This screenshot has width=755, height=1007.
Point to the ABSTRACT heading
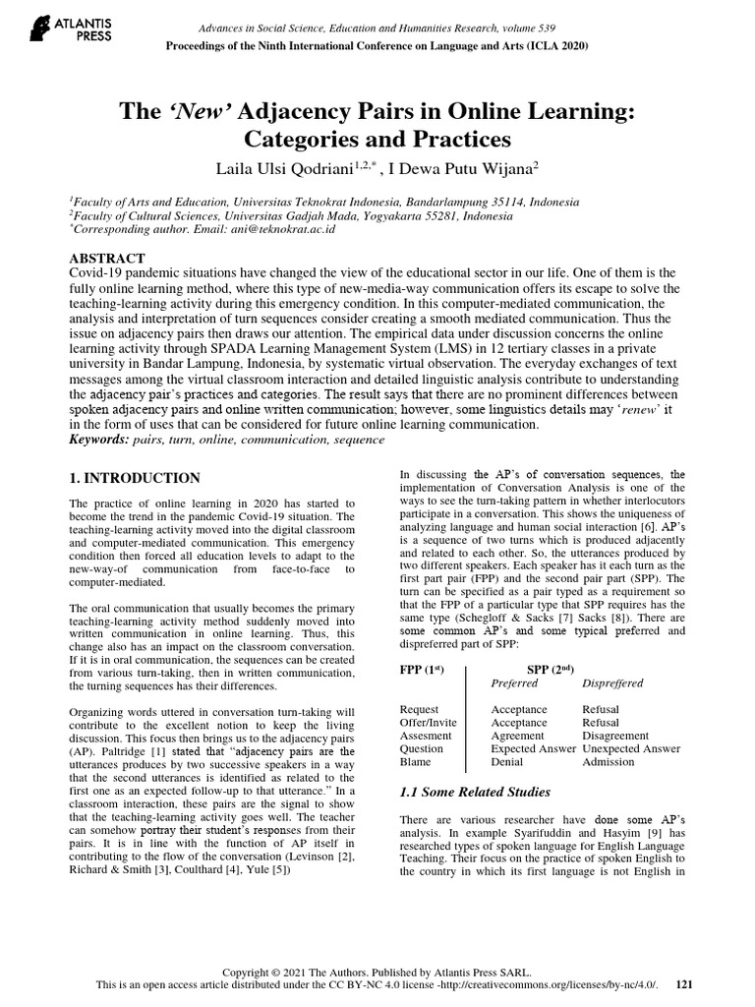click(107, 259)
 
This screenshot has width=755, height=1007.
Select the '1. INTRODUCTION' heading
click(135, 479)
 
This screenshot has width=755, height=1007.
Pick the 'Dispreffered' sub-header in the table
click(613, 683)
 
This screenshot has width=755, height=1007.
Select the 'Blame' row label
click(416, 761)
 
